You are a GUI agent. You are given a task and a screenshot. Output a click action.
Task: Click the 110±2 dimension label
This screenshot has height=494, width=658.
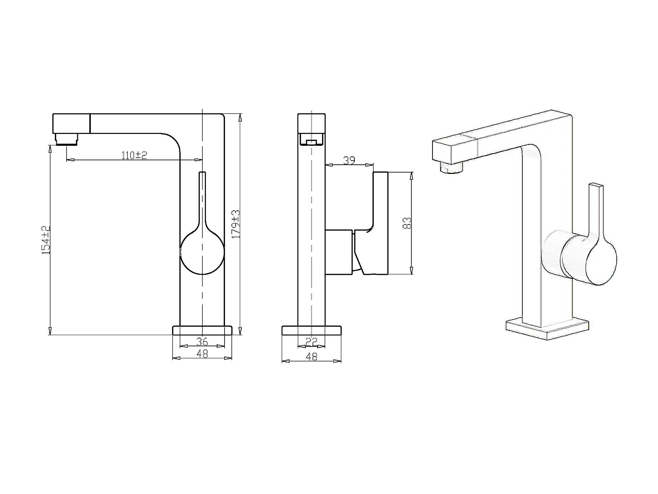coord(134,155)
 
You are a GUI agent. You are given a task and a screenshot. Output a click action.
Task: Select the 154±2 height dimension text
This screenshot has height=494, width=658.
coord(46,240)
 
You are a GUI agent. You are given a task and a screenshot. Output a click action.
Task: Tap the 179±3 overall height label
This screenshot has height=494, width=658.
coord(236,224)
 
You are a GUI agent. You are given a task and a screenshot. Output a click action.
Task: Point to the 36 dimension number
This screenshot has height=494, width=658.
coord(202,341)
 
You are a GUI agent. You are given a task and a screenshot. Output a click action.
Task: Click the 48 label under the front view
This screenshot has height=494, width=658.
coord(202,354)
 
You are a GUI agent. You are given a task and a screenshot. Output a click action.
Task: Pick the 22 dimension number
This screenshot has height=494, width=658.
coord(311,341)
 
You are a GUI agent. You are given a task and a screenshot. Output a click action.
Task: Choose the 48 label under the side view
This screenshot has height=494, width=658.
coord(311,356)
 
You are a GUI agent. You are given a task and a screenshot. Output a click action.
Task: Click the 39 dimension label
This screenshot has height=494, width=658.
coord(349,160)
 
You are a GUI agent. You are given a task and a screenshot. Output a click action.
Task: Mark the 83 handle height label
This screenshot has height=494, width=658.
coord(407,223)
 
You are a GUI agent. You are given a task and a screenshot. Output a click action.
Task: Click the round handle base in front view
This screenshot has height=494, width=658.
coord(202,252)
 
